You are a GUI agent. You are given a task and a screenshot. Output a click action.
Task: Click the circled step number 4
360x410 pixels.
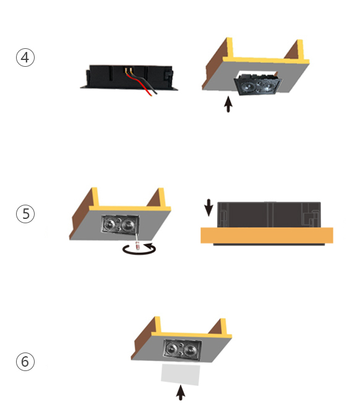click(25, 58)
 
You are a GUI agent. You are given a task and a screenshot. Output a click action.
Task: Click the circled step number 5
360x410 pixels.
click(25, 214)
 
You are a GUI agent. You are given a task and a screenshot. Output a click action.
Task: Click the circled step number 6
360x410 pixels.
click(25, 362)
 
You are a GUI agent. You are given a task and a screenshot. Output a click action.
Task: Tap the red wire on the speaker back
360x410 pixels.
click(139, 84)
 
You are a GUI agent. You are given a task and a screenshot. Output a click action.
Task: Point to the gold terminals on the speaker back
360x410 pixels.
click(128, 70)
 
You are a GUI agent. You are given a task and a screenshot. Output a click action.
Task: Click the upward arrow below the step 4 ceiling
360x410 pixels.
click(228, 104)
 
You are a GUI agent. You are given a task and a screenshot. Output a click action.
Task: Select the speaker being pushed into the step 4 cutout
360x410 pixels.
click(258, 84)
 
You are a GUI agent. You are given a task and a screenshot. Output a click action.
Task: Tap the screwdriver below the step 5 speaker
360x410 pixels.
click(137, 242)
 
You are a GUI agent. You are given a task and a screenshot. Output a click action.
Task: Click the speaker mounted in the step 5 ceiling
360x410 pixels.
click(120, 224)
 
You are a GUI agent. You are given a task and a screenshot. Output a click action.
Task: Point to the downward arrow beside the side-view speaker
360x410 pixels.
click(208, 208)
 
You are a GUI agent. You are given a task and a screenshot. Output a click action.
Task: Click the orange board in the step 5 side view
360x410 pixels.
click(267, 236)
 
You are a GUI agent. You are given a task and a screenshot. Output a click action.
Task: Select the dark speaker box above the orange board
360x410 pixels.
click(269, 215)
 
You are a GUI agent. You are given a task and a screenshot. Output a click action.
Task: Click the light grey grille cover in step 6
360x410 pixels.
click(181, 374)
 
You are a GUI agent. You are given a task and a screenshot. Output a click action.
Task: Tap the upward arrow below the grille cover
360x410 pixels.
click(181, 393)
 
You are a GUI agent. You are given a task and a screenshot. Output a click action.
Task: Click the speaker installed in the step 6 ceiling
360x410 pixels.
click(182, 349)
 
